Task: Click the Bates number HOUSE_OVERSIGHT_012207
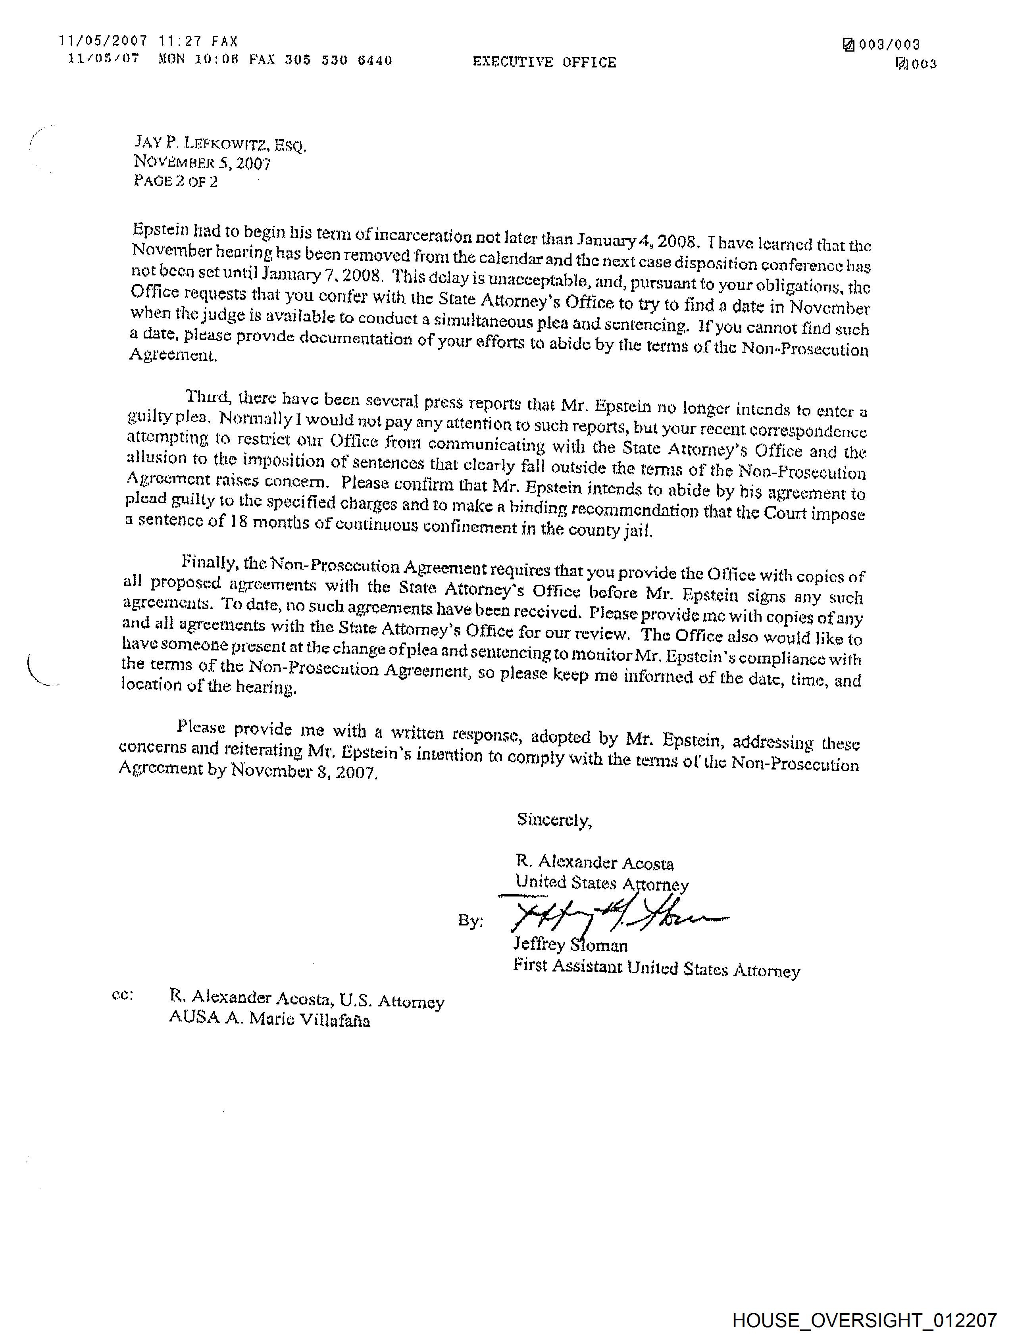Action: (864, 1320)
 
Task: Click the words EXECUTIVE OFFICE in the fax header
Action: (544, 62)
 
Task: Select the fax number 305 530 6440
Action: (338, 60)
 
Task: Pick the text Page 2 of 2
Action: (175, 181)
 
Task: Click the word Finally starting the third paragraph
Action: (209, 562)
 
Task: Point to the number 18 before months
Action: (239, 521)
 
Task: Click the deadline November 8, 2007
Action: (304, 771)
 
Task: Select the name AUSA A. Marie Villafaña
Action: (269, 1020)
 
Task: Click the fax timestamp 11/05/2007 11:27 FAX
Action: (148, 41)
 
